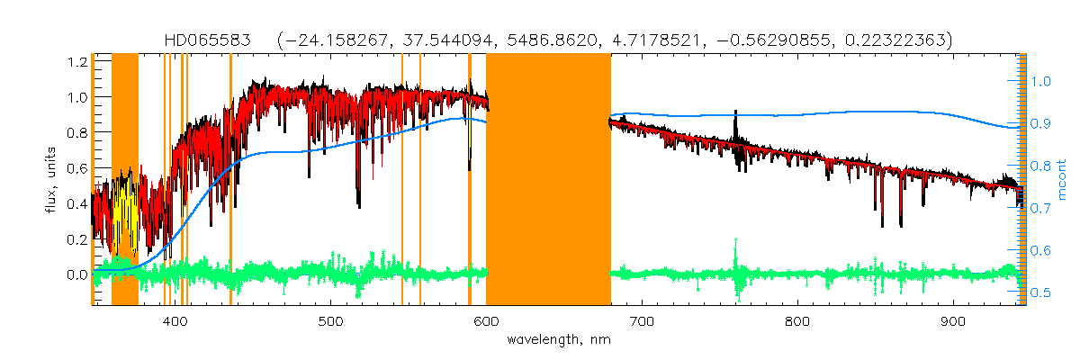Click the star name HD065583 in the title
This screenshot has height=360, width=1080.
click(206, 40)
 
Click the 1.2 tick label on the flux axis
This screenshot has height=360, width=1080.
click(76, 62)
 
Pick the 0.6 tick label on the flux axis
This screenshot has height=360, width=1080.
click(76, 168)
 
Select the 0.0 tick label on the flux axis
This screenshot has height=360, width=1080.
click(76, 274)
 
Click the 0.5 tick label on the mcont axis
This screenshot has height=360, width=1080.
click(1040, 292)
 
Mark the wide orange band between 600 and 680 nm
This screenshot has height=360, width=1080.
click(548, 180)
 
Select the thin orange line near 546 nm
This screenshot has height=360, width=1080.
click(401, 180)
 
